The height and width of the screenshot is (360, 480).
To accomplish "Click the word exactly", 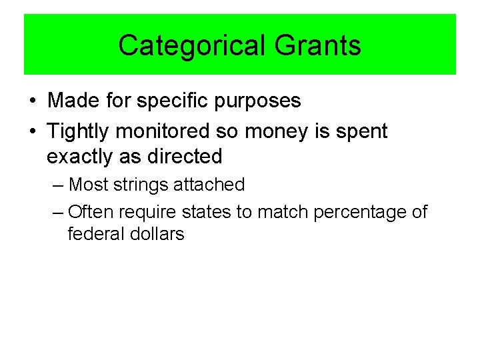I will [x=81, y=157].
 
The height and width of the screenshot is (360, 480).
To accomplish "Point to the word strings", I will [x=141, y=185].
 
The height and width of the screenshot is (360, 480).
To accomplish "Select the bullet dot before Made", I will [x=33, y=101].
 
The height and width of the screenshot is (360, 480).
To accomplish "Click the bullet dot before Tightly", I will [x=33, y=132].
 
